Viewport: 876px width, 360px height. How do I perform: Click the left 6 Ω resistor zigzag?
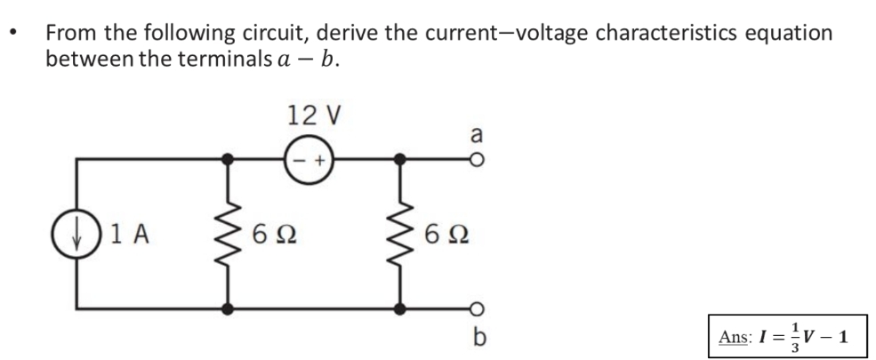[x=229, y=234]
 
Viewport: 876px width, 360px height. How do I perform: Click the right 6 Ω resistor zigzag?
[x=401, y=234]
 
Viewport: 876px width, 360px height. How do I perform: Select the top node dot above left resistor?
[x=229, y=160]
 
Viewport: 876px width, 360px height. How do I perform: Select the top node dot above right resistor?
[x=401, y=160]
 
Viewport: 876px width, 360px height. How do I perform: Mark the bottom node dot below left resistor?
[x=229, y=309]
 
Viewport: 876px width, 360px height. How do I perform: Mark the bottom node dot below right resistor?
[x=401, y=309]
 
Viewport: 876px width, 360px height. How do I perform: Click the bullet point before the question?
[x=12, y=36]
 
